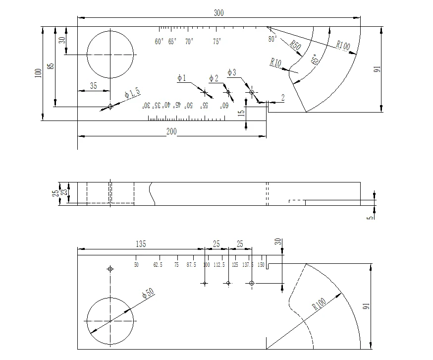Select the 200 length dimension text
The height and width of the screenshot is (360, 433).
pyautogui.click(x=171, y=131)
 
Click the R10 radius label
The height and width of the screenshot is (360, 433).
pyautogui.click(x=276, y=62)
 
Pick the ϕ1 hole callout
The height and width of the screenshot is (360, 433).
pyautogui.click(x=181, y=78)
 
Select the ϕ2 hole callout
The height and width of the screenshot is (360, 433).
pyautogui.click(x=214, y=78)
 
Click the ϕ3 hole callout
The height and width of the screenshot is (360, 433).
pyautogui.click(x=232, y=72)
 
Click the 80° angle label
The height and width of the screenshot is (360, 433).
pyautogui.click(x=271, y=38)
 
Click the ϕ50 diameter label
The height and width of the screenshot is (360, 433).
pyautogui.click(x=148, y=294)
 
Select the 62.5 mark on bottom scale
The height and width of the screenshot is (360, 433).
pyautogui.click(x=157, y=265)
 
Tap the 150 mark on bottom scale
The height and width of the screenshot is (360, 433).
pyautogui.click(x=261, y=265)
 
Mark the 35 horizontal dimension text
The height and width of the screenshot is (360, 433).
pyautogui.click(x=93, y=85)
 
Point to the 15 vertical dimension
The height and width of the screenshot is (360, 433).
pyautogui.click(x=241, y=113)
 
